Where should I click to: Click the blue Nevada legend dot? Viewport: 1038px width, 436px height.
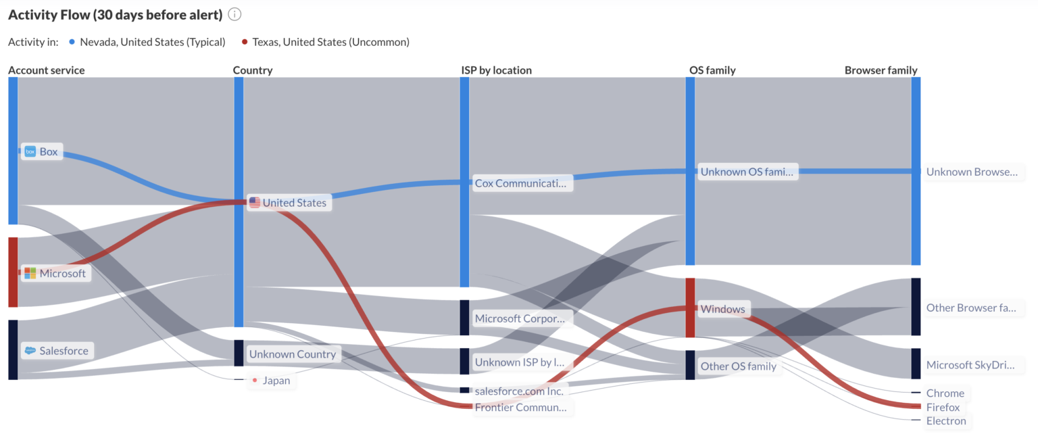72,42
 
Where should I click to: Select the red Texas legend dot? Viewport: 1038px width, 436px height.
245,42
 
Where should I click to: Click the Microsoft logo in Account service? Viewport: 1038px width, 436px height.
30,273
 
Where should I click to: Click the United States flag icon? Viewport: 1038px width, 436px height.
255,202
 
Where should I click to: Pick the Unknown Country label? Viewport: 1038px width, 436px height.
292,354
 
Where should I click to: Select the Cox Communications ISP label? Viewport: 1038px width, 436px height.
521,183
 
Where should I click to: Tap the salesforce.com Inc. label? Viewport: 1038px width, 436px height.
519,391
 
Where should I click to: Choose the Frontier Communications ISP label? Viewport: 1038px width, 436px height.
521,408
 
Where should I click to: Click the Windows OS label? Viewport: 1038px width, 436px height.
722,310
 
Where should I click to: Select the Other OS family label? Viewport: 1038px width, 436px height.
738,366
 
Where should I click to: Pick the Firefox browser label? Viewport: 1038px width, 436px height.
943,408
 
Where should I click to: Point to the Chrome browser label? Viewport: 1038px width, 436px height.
945,393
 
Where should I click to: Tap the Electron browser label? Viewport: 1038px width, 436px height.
946,421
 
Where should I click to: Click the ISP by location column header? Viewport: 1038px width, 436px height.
496,70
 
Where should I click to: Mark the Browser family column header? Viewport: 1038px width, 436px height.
881,70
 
